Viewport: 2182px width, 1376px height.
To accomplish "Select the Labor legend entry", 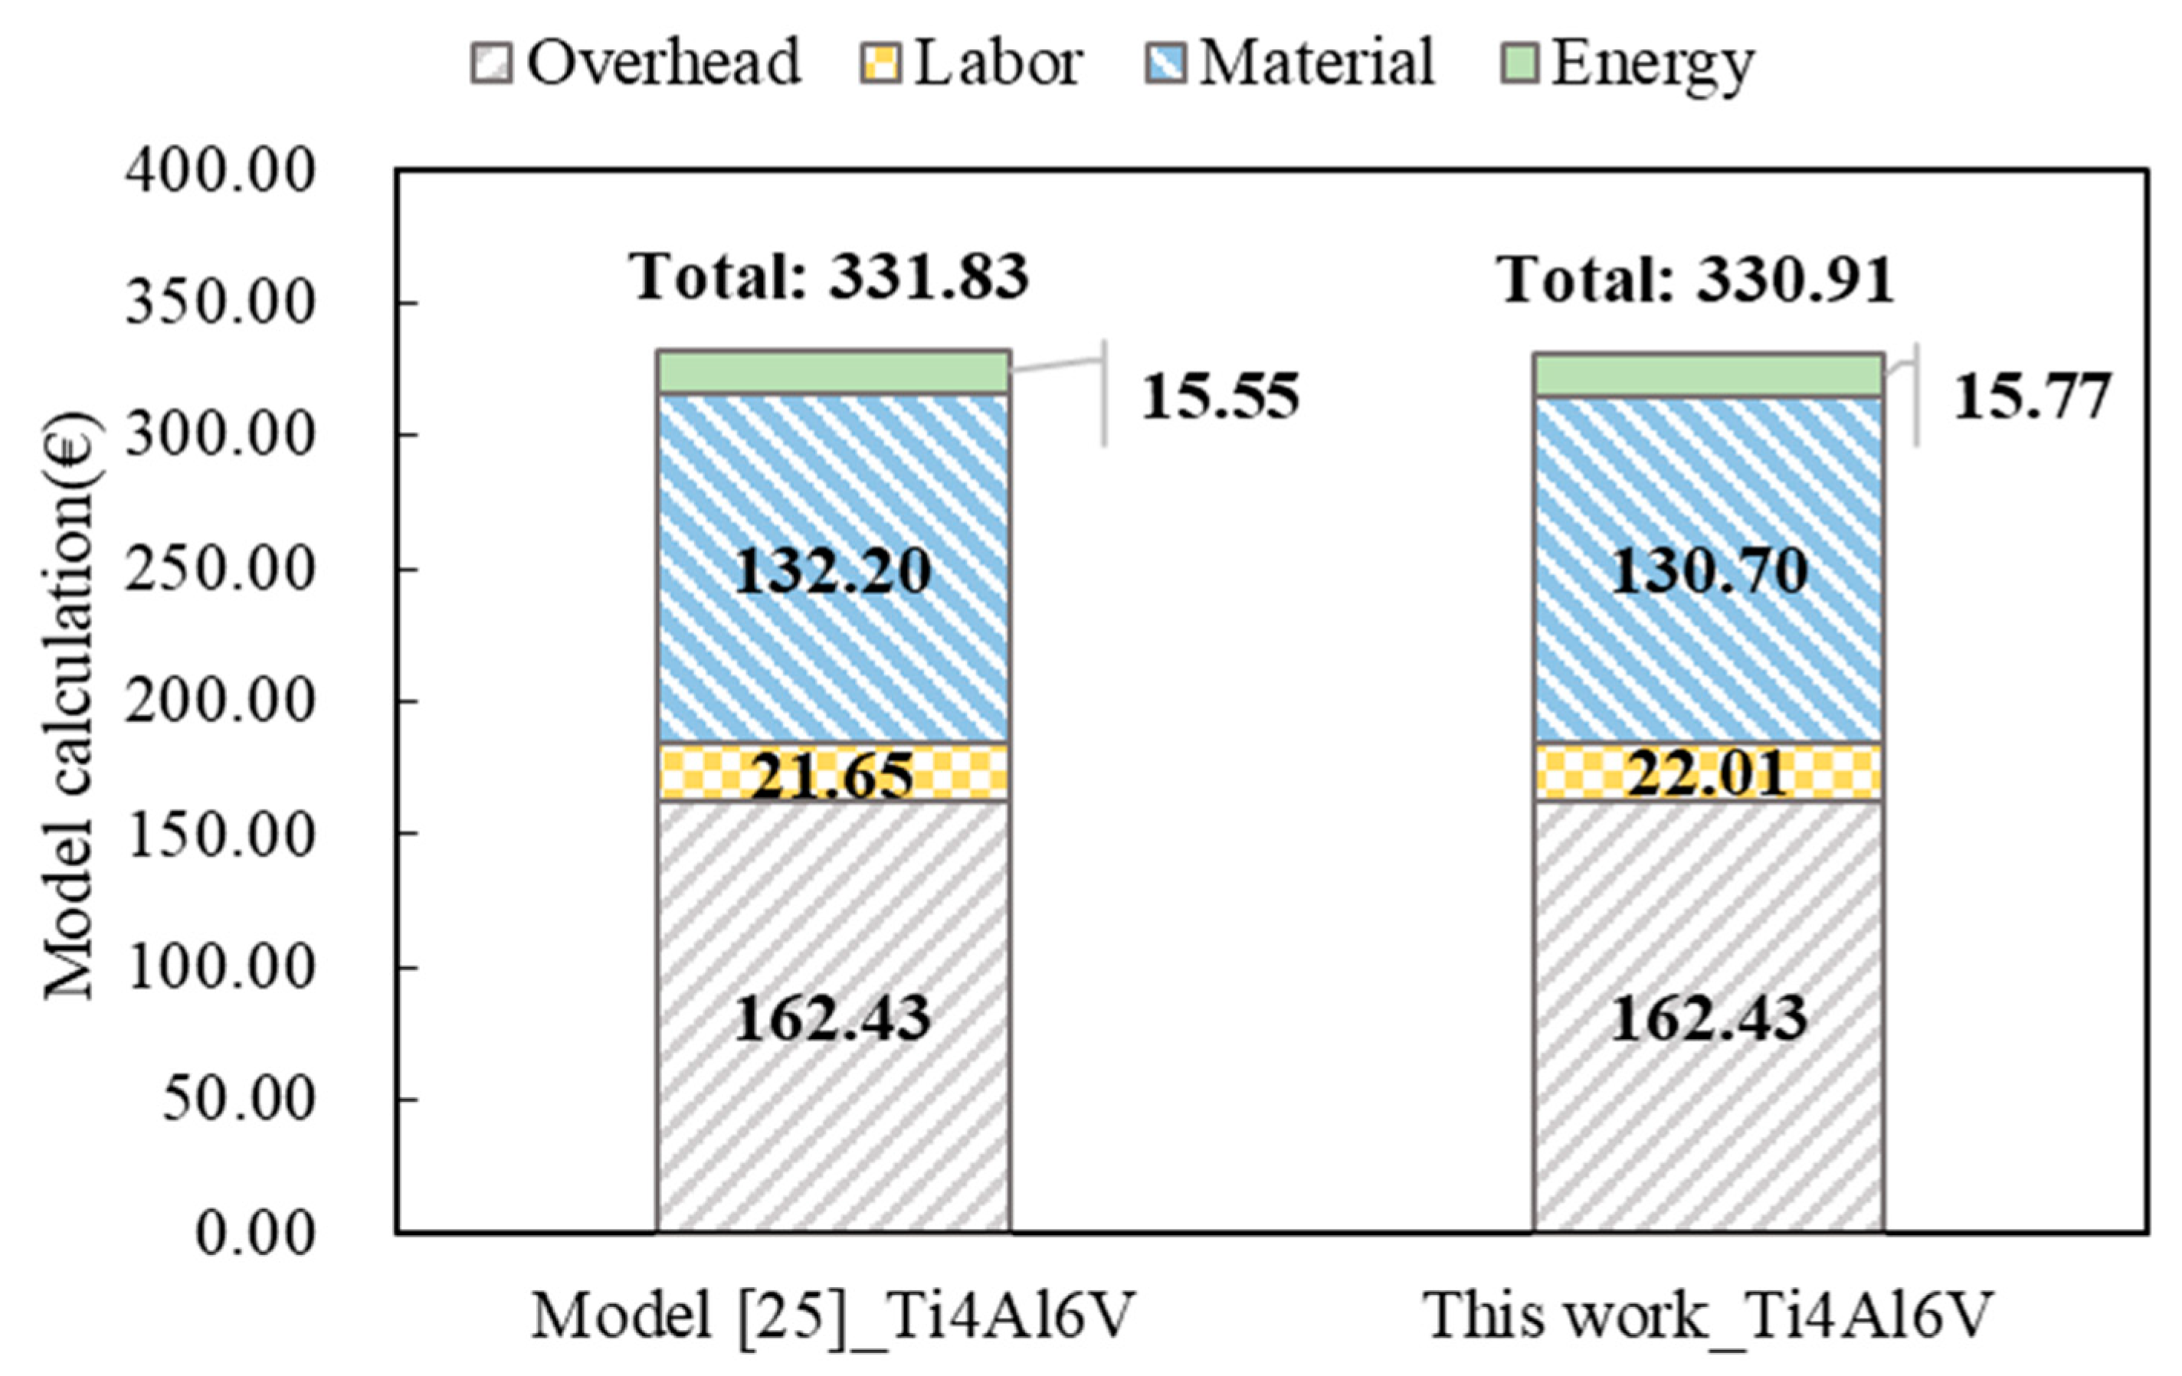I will (x=971, y=64).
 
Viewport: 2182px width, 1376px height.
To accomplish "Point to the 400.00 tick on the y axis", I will (x=220, y=170).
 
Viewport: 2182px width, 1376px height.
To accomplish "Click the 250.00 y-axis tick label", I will (x=220, y=570).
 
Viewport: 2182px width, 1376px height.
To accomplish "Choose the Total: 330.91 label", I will (x=1695, y=280).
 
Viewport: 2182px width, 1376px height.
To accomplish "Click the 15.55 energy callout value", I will (x=1220, y=397).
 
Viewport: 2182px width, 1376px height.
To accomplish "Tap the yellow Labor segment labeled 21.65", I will (x=833, y=773).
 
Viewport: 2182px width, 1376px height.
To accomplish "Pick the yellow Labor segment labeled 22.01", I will (x=1708, y=773).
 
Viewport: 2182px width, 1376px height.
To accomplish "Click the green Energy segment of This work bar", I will (x=1708, y=375).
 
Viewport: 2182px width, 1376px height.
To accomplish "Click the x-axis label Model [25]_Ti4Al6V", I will (x=833, y=1316).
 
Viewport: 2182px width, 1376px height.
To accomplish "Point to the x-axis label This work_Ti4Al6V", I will (x=1708, y=1316).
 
